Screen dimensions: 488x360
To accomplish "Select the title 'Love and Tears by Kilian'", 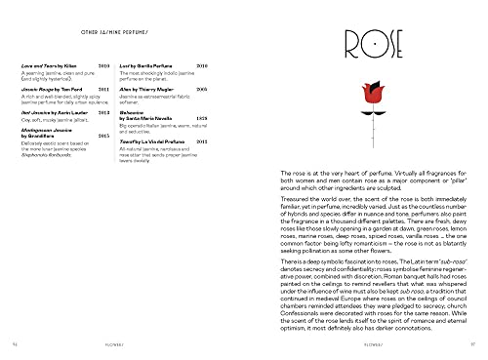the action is click(45, 62).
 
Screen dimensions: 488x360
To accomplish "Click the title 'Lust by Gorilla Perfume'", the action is click(150, 62).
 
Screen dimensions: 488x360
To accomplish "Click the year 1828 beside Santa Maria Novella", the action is click(202, 117).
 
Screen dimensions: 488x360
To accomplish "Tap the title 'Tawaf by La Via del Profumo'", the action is click(156, 140).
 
